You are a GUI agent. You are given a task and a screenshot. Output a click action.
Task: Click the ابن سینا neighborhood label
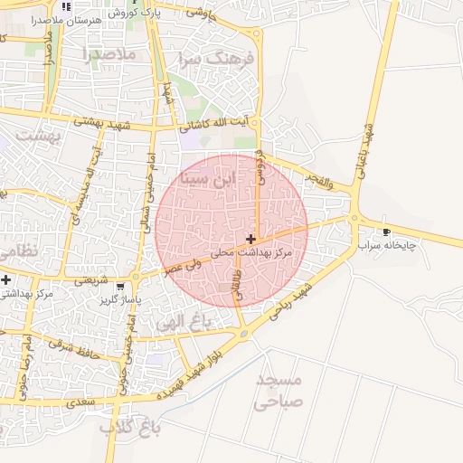[207, 177]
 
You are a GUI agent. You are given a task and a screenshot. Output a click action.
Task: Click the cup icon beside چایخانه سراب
[387, 231]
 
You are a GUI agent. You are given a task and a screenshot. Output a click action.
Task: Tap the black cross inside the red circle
[250, 240]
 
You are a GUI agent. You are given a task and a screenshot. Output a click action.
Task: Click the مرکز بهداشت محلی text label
[258, 254]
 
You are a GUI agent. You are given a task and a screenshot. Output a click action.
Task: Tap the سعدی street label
[80, 399]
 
